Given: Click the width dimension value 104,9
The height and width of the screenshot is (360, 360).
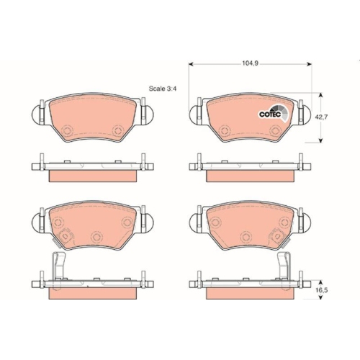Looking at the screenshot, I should (250, 63).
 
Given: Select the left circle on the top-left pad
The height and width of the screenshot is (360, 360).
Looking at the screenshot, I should (67, 130).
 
